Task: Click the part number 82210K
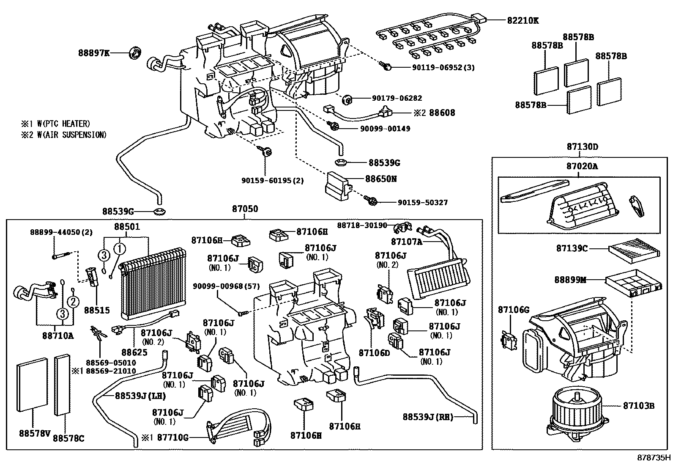click(x=523, y=20)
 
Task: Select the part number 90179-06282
click(x=397, y=98)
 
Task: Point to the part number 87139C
click(x=572, y=248)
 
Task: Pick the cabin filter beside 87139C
click(x=634, y=251)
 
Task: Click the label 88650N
click(x=380, y=179)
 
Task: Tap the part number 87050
click(x=245, y=209)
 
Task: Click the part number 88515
click(x=97, y=310)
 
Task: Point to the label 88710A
click(x=57, y=336)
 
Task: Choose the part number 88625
click(x=134, y=352)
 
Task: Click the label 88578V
click(x=35, y=433)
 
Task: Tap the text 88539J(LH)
click(x=141, y=396)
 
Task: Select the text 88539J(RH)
click(x=428, y=417)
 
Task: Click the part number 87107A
click(x=407, y=242)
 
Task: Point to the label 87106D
click(x=375, y=352)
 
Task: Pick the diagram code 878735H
click(x=654, y=457)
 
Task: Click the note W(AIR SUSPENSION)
click(x=72, y=135)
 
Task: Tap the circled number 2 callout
click(x=74, y=302)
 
